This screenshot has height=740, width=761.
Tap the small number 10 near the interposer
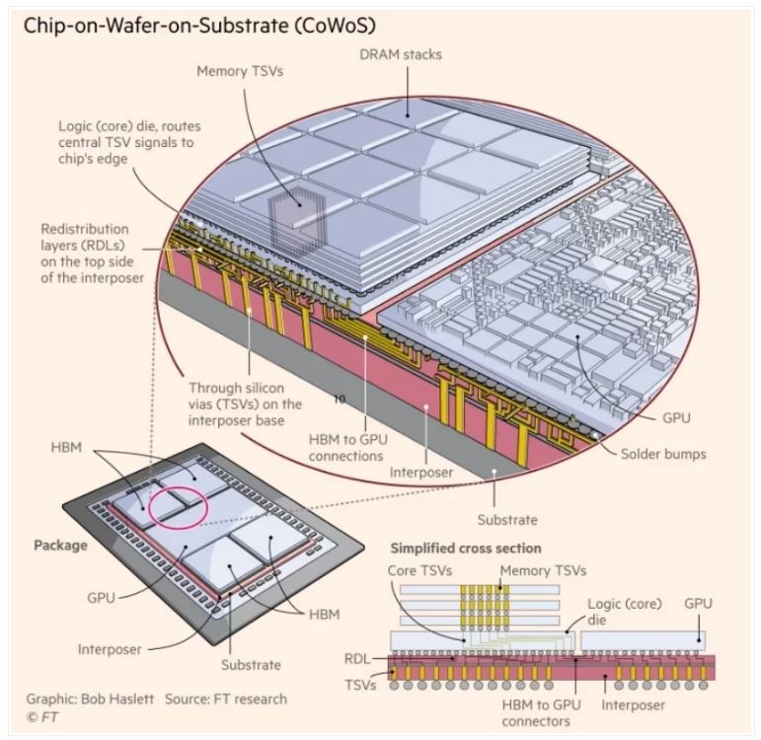(341, 401)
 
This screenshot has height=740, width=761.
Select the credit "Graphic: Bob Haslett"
(90, 699)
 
